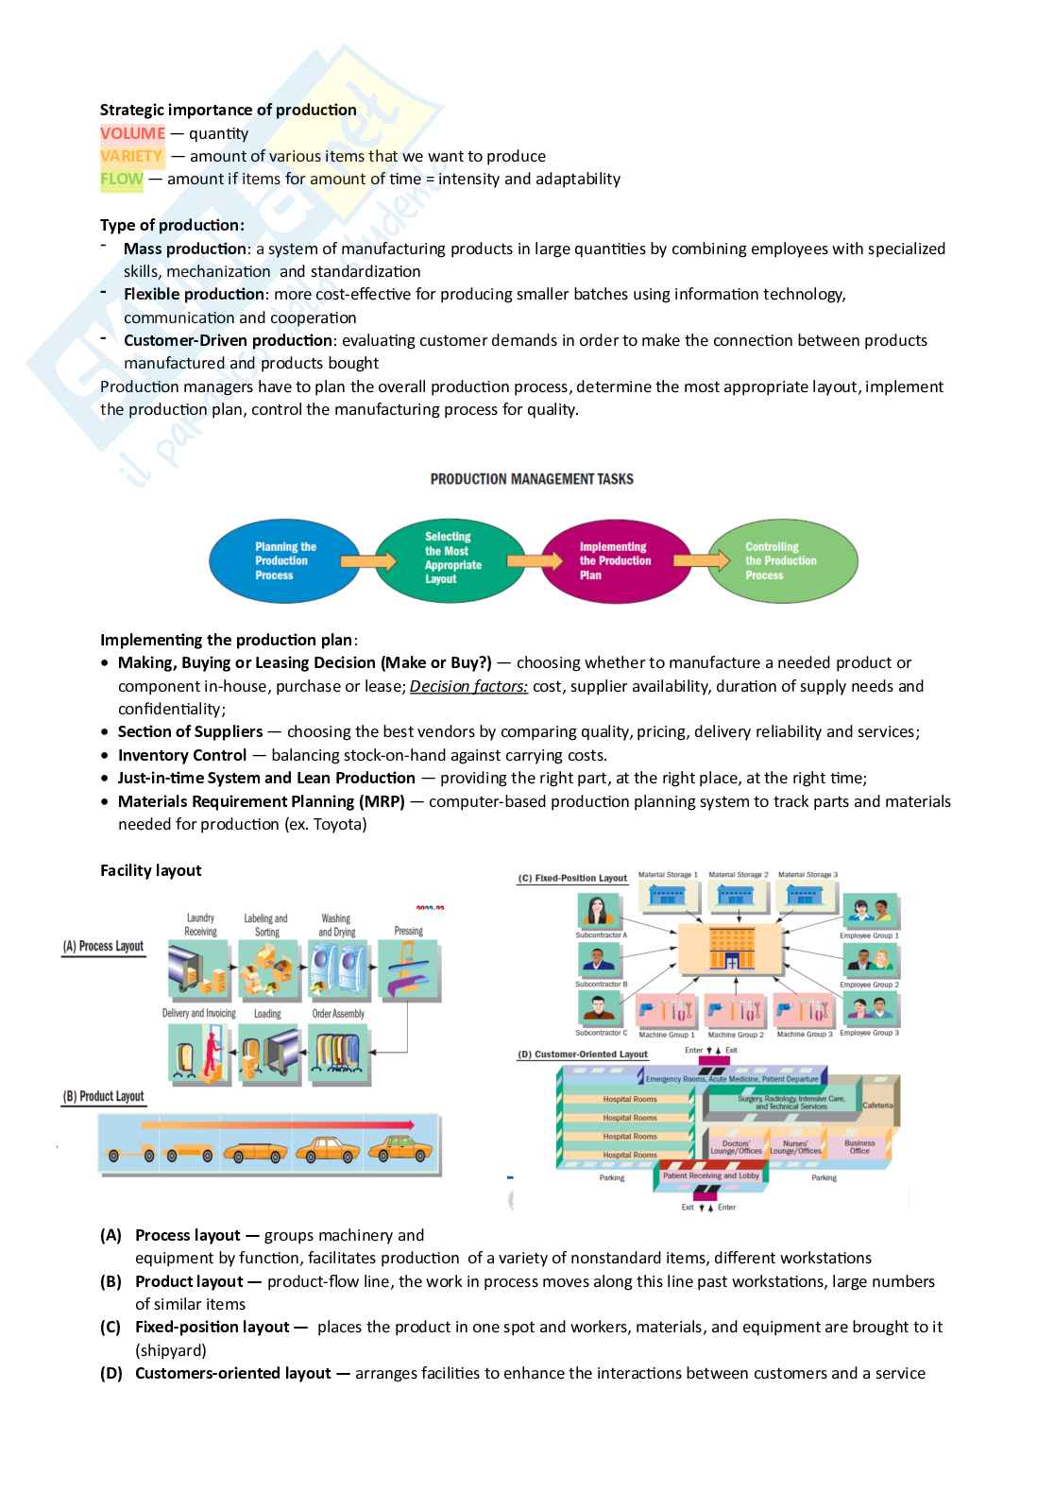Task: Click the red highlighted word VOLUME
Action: click(x=132, y=133)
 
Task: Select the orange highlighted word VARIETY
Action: click(x=131, y=156)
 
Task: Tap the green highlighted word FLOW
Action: click(x=122, y=179)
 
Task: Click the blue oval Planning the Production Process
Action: click(x=284, y=561)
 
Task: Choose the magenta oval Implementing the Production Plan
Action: click(x=615, y=561)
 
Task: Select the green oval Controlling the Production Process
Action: click(x=782, y=561)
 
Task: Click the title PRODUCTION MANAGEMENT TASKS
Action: click(x=532, y=479)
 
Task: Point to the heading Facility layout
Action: click(x=151, y=870)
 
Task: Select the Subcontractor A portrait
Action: click(x=601, y=912)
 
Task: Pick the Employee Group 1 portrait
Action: click(x=870, y=912)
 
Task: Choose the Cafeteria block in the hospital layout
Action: click(x=877, y=1105)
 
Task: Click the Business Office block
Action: click(x=859, y=1146)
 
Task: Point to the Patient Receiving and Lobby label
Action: click(x=711, y=1175)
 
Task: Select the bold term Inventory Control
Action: click(x=181, y=755)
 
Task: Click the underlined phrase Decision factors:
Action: click(x=468, y=686)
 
